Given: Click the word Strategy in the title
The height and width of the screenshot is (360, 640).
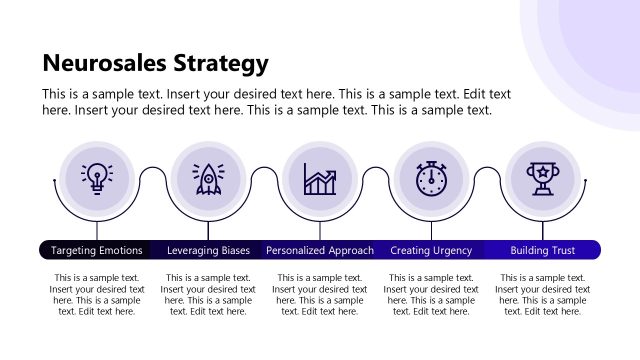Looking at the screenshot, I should point(219,65).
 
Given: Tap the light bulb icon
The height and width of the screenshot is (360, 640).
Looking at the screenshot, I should point(97,178).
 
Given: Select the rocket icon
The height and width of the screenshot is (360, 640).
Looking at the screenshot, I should point(208,178).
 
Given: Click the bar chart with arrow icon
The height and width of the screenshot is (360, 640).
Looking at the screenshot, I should point(320,178).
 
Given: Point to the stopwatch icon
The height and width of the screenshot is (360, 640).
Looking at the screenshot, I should point(431,178).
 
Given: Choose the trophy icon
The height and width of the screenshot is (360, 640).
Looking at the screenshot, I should point(543,178).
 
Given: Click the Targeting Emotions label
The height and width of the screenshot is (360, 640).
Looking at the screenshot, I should point(97,250).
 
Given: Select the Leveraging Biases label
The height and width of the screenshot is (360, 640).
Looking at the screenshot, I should point(208,250).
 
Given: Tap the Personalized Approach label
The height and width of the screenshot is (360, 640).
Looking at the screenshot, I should point(320,250).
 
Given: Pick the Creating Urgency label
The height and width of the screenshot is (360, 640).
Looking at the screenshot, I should point(431,250).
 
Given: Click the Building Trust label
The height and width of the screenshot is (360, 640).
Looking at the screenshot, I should point(543,250).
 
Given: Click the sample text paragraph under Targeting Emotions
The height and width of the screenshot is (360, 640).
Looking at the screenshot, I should point(97,294).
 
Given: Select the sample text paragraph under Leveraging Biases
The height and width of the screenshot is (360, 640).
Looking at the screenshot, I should point(208,294).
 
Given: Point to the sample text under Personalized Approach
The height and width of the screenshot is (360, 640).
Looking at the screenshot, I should point(320,294).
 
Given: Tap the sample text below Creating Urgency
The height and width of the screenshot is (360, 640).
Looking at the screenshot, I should point(431,294).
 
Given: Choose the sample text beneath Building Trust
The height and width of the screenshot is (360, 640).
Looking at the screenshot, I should point(543,294).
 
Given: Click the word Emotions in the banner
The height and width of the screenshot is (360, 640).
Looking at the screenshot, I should point(119,250).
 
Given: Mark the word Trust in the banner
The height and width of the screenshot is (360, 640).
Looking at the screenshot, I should point(562,250).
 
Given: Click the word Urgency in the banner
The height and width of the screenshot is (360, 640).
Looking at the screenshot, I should point(452,250).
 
